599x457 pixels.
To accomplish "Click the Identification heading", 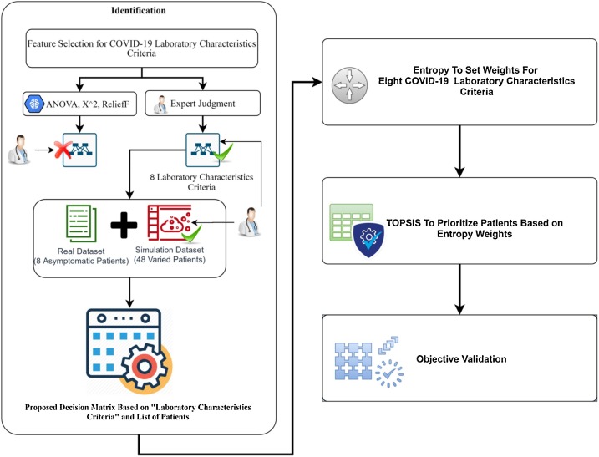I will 138,11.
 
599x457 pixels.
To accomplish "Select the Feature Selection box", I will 139,47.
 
